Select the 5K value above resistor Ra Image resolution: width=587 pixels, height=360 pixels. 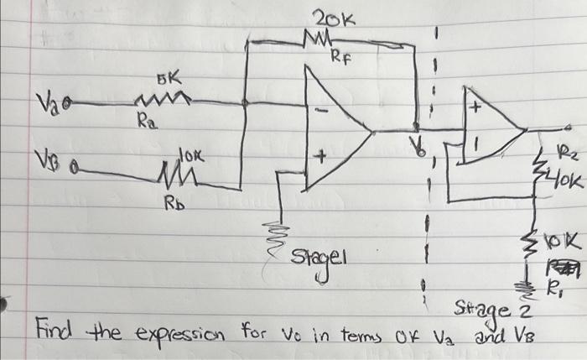[166, 81]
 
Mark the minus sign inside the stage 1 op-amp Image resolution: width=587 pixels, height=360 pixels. [322, 110]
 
